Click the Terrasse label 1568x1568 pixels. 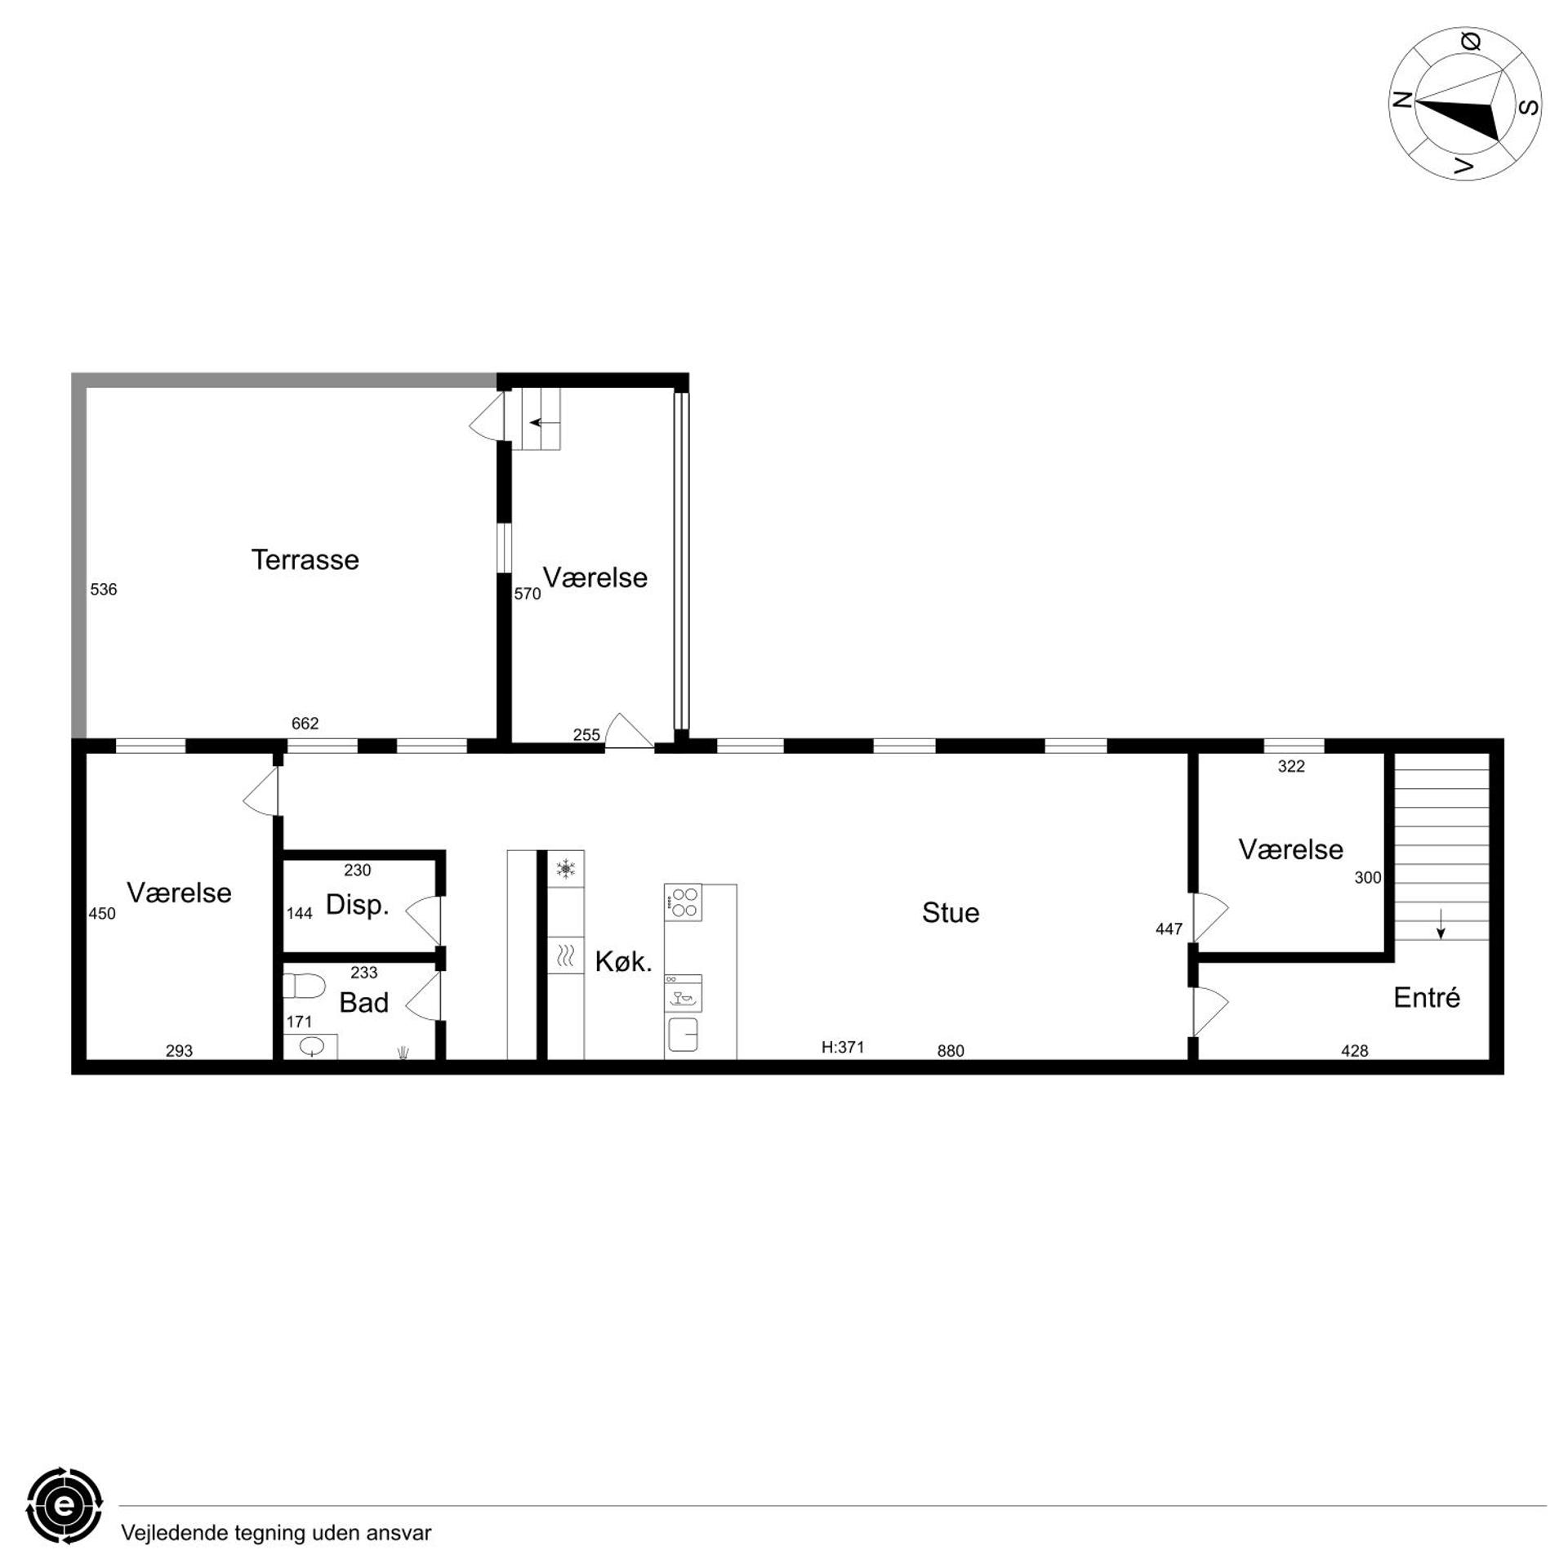point(305,560)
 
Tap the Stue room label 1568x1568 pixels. point(950,913)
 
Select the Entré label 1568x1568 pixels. point(1426,997)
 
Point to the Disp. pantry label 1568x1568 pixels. point(357,905)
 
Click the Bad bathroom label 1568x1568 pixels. point(363,1003)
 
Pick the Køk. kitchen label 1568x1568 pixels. point(623,962)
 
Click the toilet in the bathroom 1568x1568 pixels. point(303,986)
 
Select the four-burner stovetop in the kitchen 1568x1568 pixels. point(683,902)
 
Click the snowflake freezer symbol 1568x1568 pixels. point(565,868)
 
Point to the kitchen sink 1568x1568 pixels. point(683,1035)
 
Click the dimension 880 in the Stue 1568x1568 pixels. point(951,1051)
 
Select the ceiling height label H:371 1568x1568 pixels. point(842,1047)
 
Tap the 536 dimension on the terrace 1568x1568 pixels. point(104,590)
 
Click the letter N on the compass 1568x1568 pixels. point(1402,100)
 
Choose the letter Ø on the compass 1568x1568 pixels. point(1471,42)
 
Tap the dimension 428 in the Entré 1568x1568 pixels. point(1354,1051)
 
